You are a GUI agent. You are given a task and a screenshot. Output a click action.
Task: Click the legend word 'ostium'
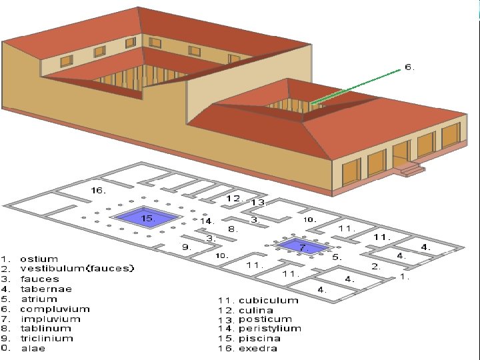click(39, 259)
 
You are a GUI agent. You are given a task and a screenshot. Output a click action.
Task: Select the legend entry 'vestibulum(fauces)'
click(77, 269)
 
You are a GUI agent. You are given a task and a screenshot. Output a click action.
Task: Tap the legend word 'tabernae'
click(45, 289)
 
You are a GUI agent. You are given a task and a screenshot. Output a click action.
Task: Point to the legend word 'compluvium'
click(54, 309)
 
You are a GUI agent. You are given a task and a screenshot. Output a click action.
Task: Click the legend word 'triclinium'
click(47, 338)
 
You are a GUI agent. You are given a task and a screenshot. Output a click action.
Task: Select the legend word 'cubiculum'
click(268, 300)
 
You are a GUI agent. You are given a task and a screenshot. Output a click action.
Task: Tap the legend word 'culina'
click(256, 309)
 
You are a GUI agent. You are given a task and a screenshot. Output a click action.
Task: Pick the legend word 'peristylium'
click(269, 328)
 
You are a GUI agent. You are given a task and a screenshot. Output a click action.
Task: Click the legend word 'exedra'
click(258, 347)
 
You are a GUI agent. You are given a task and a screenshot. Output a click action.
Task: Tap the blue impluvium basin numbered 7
click(303, 247)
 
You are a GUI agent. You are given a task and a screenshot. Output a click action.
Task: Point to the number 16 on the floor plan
click(98, 191)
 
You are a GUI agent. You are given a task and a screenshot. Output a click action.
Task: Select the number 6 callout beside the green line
click(409, 67)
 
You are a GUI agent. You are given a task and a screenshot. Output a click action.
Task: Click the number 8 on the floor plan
click(231, 229)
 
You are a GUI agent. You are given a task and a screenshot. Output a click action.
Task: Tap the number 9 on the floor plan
click(187, 247)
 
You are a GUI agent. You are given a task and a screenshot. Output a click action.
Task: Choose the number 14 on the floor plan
click(206, 221)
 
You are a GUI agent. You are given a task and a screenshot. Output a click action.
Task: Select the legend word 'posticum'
click(265, 319)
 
